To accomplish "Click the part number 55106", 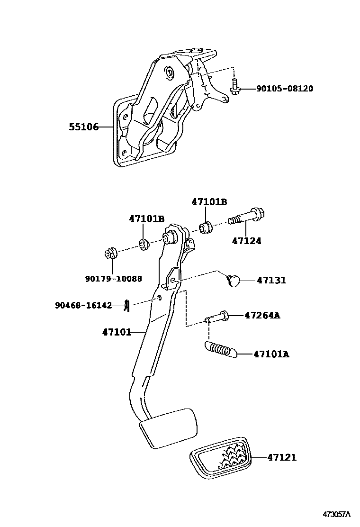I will click(x=83, y=127).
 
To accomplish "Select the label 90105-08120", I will click(x=284, y=89).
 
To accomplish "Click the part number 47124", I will click(x=246, y=241).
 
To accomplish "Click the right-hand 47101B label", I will click(x=209, y=202).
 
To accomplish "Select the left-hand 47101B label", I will click(x=147, y=219).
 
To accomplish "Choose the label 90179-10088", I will click(x=114, y=279).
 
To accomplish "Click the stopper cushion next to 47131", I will click(x=233, y=280).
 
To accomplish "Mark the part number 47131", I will click(x=271, y=280).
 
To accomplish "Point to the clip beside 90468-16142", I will click(x=126, y=306).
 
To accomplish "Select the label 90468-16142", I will click(x=83, y=306).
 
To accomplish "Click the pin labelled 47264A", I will click(x=217, y=317).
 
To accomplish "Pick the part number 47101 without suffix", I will click(x=117, y=332).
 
